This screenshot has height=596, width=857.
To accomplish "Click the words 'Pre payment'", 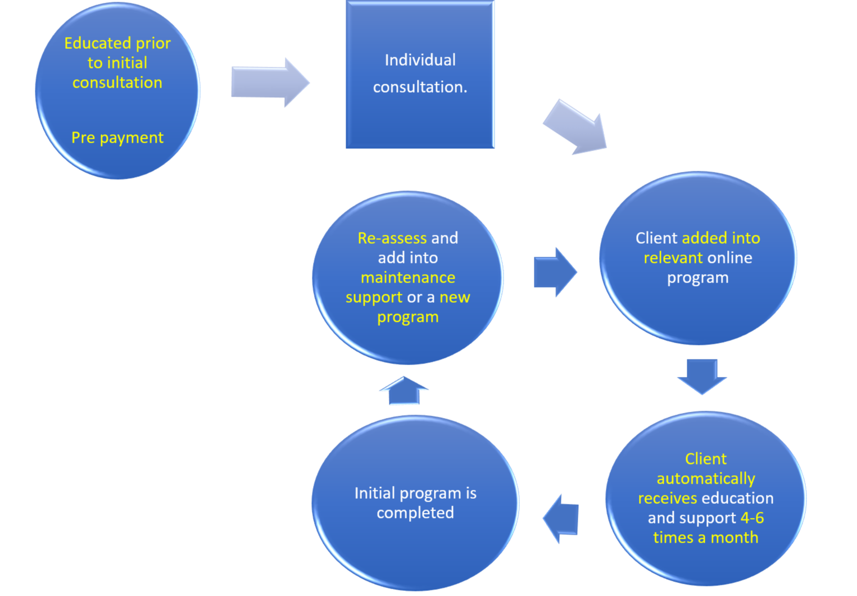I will point(117,138).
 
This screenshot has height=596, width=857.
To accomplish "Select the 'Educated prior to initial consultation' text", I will point(117,63).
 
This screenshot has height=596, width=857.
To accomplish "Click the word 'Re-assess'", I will point(392,238).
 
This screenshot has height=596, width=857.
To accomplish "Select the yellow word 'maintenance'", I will point(408,277).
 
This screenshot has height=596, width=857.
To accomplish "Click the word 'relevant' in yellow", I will point(673,258).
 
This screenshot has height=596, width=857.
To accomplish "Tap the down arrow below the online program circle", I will point(702,375).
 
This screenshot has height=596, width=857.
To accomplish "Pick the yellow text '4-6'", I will point(752,518).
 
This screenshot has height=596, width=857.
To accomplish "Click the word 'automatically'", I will point(706,479).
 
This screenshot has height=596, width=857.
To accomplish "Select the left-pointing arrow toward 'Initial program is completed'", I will point(561,518).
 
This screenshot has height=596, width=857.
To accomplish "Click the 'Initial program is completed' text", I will point(415,503).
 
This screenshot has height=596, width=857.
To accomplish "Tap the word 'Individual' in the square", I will point(420,60).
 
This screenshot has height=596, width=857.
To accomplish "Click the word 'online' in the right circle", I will point(729,258).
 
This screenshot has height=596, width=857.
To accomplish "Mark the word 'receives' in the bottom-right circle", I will point(667,498).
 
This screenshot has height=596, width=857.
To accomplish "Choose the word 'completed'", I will point(415,513).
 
